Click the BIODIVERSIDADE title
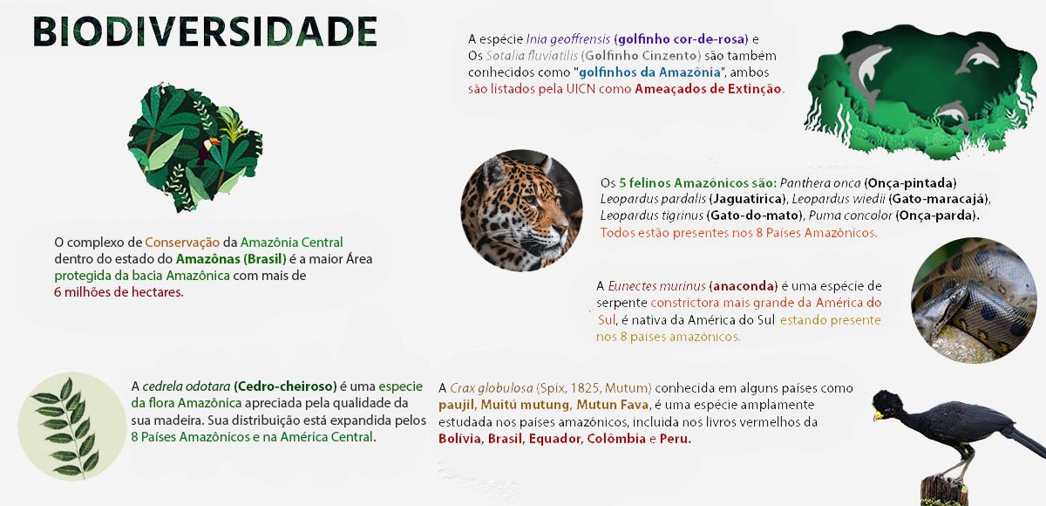pyautogui.click(x=205, y=31)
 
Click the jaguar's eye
pyautogui.click(x=532, y=200)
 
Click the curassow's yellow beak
pyautogui.click(x=879, y=415)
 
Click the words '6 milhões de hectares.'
pyautogui.click(x=119, y=292)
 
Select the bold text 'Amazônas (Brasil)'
pyautogui.click(x=231, y=259)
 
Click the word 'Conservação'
pyautogui.click(x=182, y=243)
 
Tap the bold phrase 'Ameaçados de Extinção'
pyautogui.click(x=708, y=89)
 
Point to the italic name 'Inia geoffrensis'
pyautogui.click(x=567, y=39)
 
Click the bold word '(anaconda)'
pyautogui.click(x=743, y=286)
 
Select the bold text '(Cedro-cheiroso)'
pyautogui.click(x=285, y=386)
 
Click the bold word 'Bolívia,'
pyautogui.click(x=460, y=439)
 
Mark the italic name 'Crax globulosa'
pyautogui.click(x=492, y=388)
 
